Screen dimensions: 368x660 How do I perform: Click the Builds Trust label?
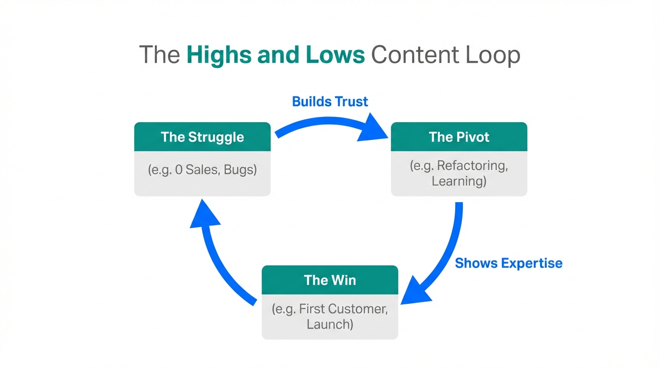(330, 102)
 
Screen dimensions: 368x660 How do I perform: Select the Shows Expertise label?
(508, 263)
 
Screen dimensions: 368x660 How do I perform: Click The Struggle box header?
(202, 137)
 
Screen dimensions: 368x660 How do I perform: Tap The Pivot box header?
(459, 137)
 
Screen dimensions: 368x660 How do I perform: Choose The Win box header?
(330, 280)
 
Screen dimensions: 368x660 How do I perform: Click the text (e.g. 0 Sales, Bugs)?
(202, 170)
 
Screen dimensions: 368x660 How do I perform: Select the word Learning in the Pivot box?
(456, 181)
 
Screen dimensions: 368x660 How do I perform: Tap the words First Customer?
(343, 309)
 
